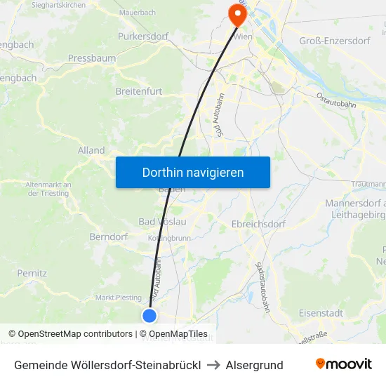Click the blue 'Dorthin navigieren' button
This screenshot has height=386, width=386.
(x=192, y=172)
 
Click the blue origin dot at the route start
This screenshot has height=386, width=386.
(x=149, y=316)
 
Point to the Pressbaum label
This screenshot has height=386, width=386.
(x=92, y=58)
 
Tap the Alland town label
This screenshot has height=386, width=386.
(x=91, y=150)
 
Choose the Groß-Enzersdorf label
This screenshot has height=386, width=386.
(x=335, y=41)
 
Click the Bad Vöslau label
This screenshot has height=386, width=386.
(x=162, y=222)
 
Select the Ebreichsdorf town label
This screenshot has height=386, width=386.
(x=258, y=225)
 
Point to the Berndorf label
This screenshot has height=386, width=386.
(x=107, y=237)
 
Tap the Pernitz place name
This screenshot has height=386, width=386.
(x=32, y=272)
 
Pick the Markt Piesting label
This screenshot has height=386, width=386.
(x=119, y=298)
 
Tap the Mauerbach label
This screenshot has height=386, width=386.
(x=137, y=13)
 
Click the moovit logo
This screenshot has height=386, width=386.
(x=344, y=364)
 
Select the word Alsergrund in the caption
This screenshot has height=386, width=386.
(x=254, y=365)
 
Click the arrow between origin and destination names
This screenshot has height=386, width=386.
(x=213, y=365)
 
